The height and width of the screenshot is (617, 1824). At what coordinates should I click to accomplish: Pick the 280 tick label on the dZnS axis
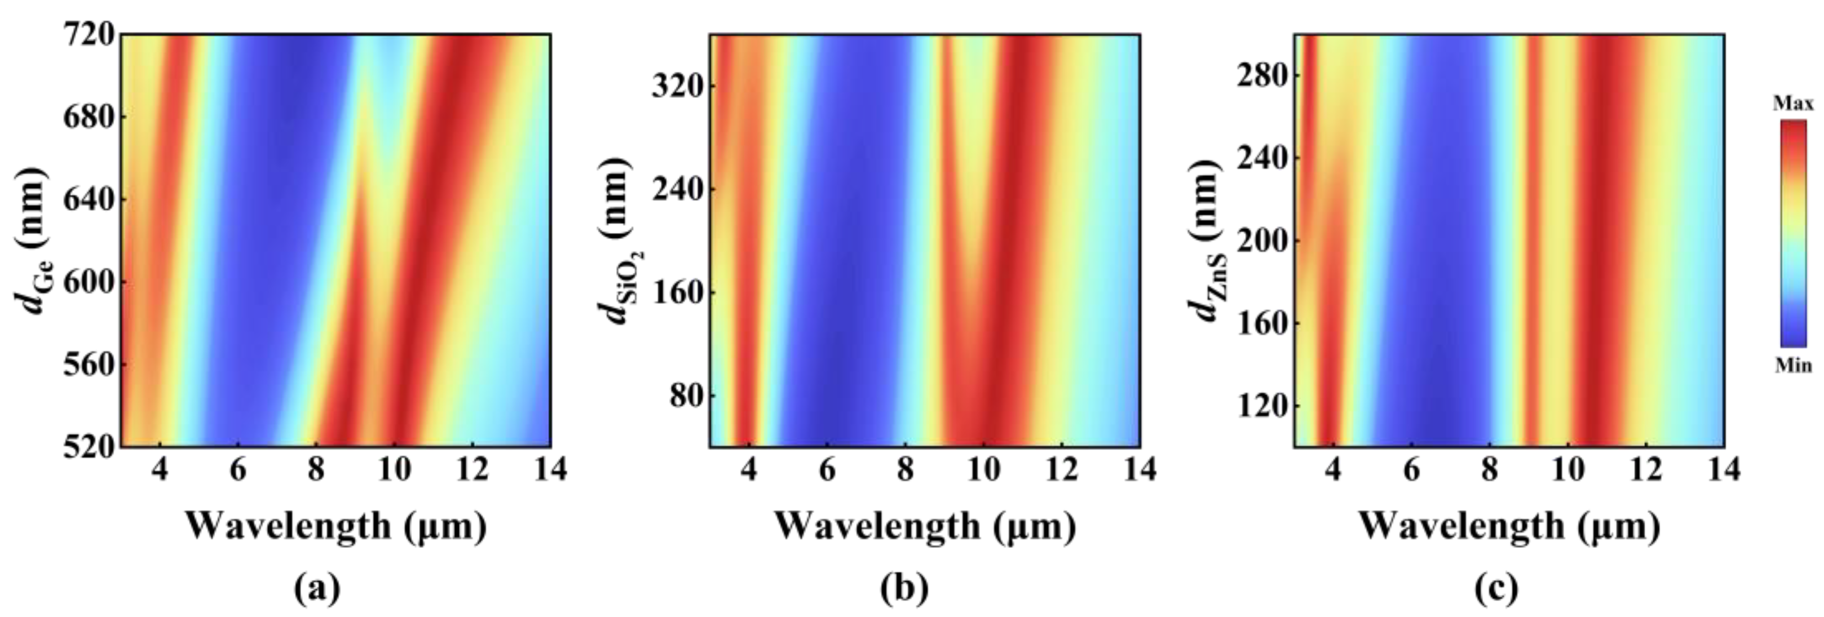pos(1260,75)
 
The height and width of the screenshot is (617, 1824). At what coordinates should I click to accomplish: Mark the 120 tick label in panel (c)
pos(1260,406)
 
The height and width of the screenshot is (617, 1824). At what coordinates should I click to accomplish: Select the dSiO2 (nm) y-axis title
pos(614,241)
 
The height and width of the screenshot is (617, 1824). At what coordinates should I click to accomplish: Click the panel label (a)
pos(317,588)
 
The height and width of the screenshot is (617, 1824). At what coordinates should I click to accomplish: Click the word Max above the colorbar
pos(1793,105)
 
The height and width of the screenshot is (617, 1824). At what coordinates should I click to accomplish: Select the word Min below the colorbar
pos(1793,365)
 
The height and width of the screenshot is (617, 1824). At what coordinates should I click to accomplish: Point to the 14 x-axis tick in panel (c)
pos(1722,470)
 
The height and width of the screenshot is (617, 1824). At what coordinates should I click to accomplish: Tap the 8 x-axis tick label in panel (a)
pos(317,470)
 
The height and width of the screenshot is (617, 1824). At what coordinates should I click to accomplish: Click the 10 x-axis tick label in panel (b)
pos(983,470)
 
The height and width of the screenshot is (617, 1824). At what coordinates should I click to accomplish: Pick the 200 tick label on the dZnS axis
pos(1260,241)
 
